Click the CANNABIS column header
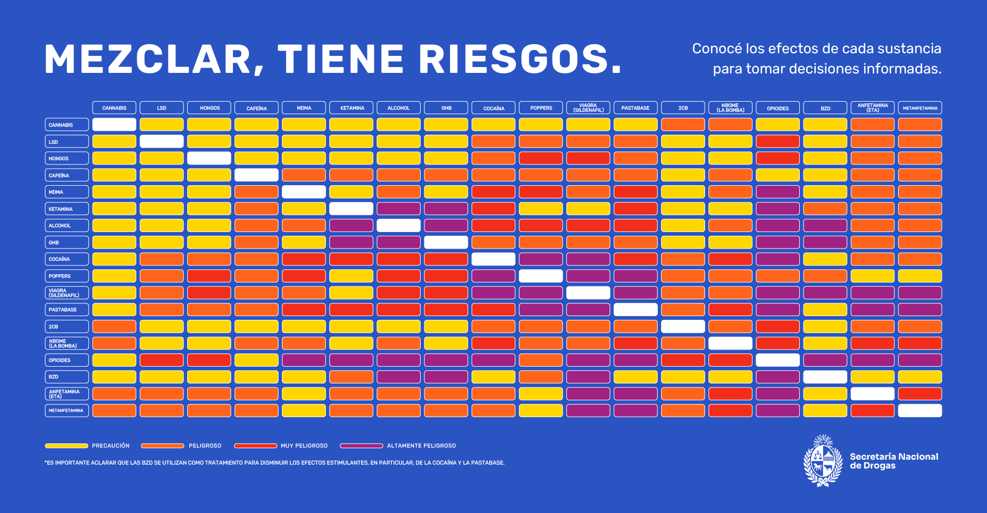pyautogui.click(x=114, y=108)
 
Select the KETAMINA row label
pyautogui.click(x=66, y=209)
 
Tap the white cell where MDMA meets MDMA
pyautogui.click(x=304, y=192)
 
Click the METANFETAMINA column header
pyautogui.click(x=920, y=108)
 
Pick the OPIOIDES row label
pyautogui.click(x=66, y=360)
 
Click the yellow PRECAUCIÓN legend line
pyautogui.click(x=66, y=446)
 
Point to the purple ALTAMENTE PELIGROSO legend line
pyautogui.click(x=362, y=446)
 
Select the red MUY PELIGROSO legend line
pyautogui.click(x=256, y=446)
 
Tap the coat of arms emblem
pyautogui.click(x=823, y=461)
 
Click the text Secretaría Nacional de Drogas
pyautogui.click(x=893, y=461)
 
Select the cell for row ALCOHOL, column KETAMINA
pyautogui.click(x=351, y=226)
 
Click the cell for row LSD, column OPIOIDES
pyautogui.click(x=777, y=142)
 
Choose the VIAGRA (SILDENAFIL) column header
pyautogui.click(x=588, y=108)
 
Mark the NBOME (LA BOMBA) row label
pyautogui.click(x=66, y=343)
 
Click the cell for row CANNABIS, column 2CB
pyautogui.click(x=683, y=125)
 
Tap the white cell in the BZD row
pyautogui.click(x=825, y=377)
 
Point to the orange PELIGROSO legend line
pyautogui.click(x=162, y=446)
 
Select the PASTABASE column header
pyautogui.click(x=635, y=108)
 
